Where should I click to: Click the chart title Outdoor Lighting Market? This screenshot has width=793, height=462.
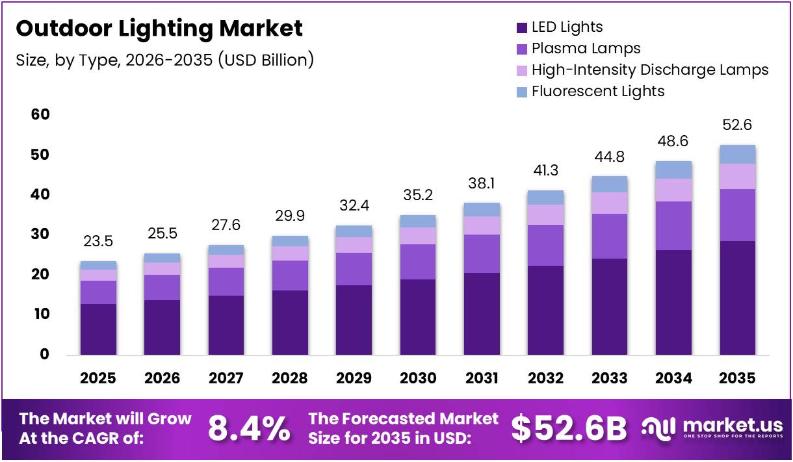[159, 29]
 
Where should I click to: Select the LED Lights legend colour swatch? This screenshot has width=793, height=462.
[521, 27]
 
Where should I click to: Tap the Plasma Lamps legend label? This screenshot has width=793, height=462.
[586, 48]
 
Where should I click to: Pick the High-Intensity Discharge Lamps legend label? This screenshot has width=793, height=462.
[650, 70]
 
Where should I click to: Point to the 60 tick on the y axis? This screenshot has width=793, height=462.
[40, 115]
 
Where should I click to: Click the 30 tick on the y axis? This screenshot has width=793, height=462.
[40, 235]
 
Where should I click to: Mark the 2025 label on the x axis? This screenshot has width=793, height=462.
[97, 378]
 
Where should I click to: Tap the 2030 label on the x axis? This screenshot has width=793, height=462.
[417, 378]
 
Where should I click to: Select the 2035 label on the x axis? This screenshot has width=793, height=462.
[737, 378]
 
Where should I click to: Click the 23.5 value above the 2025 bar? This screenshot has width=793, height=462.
[97, 242]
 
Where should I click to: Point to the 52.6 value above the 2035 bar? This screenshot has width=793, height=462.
[737, 125]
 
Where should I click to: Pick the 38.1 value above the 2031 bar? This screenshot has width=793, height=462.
[481, 183]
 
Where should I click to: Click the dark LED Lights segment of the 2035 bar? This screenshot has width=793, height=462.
[737, 298]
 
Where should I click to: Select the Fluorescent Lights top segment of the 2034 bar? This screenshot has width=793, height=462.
[673, 170]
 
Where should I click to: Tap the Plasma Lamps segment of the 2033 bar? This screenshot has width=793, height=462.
[609, 236]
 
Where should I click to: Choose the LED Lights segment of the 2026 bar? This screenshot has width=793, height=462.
[162, 327]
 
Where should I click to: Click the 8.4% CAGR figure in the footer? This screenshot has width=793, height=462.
[249, 428]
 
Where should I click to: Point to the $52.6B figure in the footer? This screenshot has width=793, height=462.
[569, 428]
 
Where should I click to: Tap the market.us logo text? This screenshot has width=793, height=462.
[733, 426]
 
